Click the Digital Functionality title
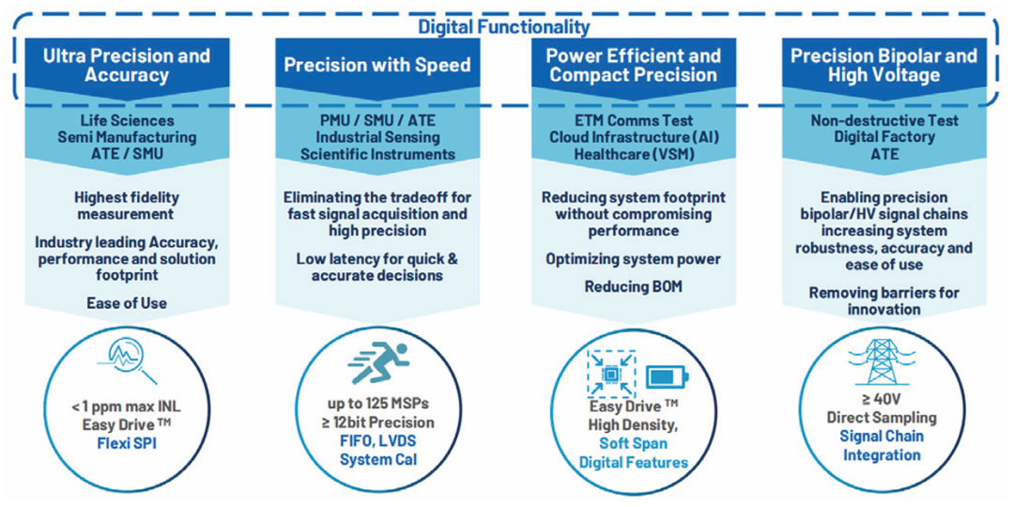point(504,27)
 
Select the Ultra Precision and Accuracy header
point(127,66)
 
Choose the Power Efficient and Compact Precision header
point(633,66)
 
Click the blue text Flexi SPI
point(128,445)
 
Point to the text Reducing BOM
point(634,285)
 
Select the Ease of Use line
point(127,301)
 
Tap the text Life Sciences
point(127,119)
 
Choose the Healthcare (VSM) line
point(633,154)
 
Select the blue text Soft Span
point(633,443)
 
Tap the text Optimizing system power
point(633,259)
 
